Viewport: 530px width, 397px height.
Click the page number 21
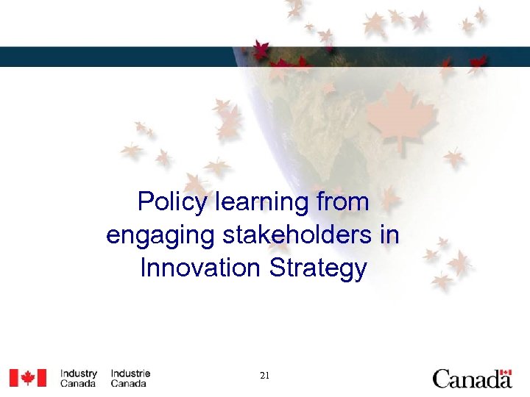pos(265,376)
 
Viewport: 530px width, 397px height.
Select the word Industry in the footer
pos(79,373)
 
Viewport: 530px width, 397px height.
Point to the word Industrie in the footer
pos(130,373)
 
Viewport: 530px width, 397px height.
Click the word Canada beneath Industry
pos(77,384)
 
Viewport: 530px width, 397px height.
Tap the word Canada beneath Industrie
pos(129,384)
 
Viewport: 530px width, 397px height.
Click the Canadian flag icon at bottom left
pos(27,378)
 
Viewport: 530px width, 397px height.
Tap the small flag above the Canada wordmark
pos(505,372)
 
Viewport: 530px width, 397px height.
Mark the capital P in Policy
pos(145,201)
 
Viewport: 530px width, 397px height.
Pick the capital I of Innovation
pos(143,268)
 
